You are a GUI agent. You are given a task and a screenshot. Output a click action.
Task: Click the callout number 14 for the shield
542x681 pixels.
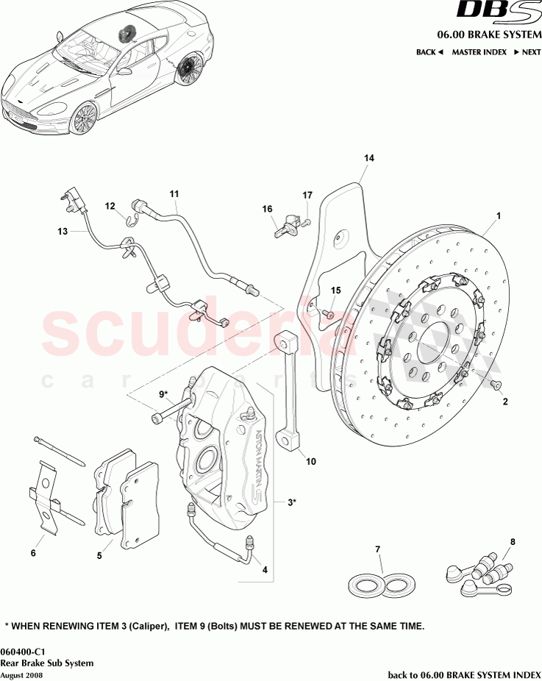click(368, 158)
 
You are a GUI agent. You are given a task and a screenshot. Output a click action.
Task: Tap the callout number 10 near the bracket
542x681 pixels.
click(310, 462)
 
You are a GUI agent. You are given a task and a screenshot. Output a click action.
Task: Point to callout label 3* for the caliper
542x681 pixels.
click(292, 502)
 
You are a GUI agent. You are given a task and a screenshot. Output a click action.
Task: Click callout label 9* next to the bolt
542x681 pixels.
click(163, 394)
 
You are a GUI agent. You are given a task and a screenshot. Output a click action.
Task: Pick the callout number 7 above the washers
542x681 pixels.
click(377, 549)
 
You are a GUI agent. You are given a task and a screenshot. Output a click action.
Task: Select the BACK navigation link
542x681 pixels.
click(430, 52)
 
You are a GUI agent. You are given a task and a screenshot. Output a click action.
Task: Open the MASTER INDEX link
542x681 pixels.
click(479, 52)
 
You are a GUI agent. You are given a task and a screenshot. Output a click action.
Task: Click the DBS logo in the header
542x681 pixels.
click(491, 12)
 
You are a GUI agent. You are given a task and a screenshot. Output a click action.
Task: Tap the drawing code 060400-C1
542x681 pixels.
click(21, 651)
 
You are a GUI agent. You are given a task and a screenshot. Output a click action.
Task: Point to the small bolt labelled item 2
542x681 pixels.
click(494, 385)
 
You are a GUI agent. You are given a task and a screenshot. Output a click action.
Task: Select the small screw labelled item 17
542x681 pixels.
click(307, 221)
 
